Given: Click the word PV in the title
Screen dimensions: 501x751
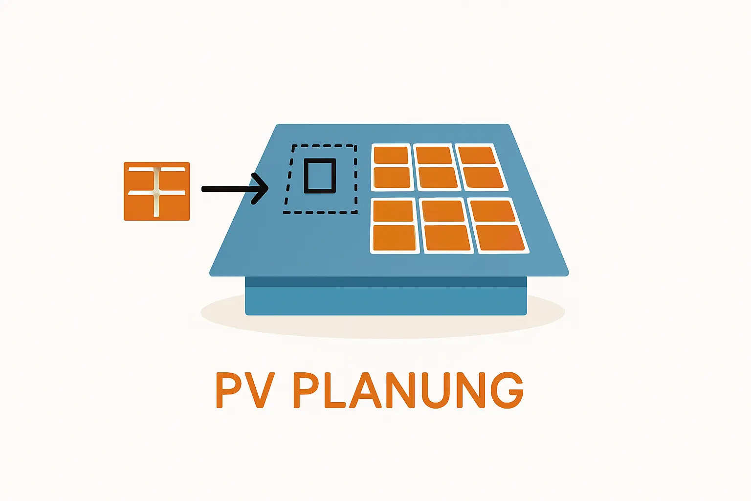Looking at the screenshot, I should (244, 390).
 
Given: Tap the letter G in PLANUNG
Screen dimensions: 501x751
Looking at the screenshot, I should (507, 390).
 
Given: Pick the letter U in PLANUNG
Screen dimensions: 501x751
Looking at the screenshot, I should (434, 390).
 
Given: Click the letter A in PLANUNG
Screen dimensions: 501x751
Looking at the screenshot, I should (365, 390).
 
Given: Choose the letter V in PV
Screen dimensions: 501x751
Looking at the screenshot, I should (259, 390).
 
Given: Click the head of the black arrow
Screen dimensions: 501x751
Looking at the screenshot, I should (261, 188).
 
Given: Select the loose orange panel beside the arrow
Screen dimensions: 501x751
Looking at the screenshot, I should (156, 191).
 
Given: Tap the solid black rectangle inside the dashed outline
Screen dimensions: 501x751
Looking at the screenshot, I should (320, 176).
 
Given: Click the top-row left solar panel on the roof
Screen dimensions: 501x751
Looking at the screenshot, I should (391, 167).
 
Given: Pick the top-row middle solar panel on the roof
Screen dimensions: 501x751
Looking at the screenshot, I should (436, 167).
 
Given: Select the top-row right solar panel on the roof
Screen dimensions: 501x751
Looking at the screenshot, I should (481, 167).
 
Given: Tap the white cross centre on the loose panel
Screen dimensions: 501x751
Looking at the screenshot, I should (156, 192).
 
